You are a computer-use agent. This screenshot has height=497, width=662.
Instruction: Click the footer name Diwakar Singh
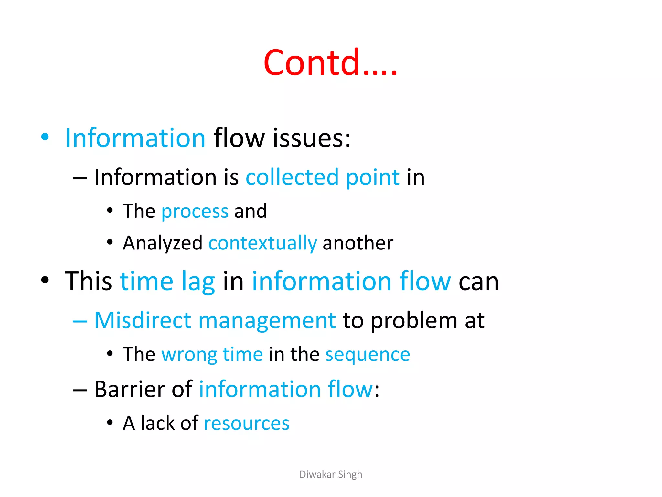(331, 474)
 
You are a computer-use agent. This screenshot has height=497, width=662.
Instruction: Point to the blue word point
(373, 178)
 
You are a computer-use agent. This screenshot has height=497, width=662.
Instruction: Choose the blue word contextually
(262, 243)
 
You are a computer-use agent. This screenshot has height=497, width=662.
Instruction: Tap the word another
(358, 243)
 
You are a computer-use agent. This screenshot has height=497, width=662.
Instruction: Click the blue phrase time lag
(167, 282)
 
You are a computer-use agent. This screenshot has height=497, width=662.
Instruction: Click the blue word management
(267, 321)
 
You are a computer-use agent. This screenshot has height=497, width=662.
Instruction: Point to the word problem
(414, 321)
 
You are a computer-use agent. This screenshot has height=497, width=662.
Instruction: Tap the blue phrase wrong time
(212, 355)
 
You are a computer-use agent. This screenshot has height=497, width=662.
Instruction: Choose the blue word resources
(247, 424)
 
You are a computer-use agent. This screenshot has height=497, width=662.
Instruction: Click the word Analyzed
(162, 243)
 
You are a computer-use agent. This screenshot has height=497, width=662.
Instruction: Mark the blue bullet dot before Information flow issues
(45, 137)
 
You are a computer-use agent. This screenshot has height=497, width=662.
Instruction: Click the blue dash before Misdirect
(80, 321)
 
